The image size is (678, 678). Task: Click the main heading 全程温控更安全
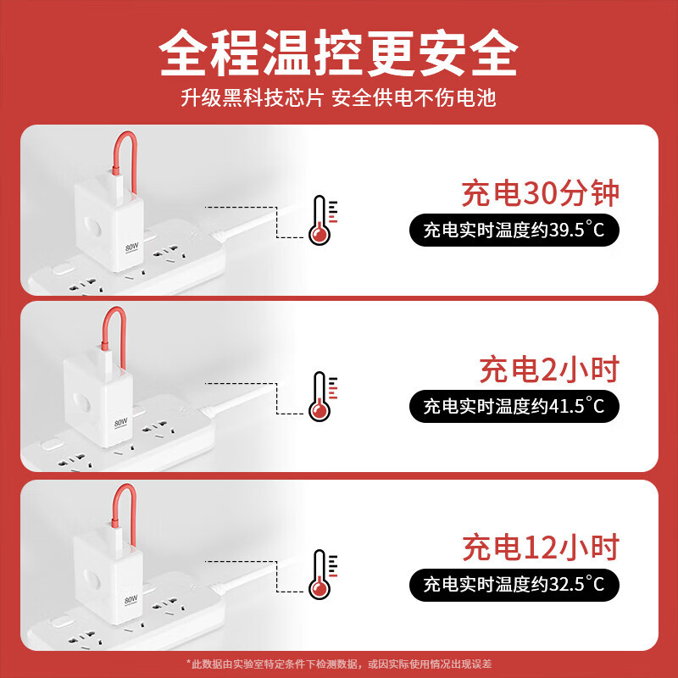point(339,53)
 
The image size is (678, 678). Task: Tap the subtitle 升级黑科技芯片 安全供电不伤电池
point(339,97)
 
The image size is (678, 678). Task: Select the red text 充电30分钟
point(540,194)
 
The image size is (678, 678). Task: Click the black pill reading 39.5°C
point(514,231)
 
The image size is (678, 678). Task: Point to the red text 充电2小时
point(549,370)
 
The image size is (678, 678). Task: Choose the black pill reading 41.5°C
point(514,406)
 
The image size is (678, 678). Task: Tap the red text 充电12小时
point(540,547)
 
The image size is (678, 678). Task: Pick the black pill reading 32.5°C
point(514,583)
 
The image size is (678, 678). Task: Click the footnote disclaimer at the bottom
point(339,663)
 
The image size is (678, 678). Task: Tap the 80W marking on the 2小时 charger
point(121,421)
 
